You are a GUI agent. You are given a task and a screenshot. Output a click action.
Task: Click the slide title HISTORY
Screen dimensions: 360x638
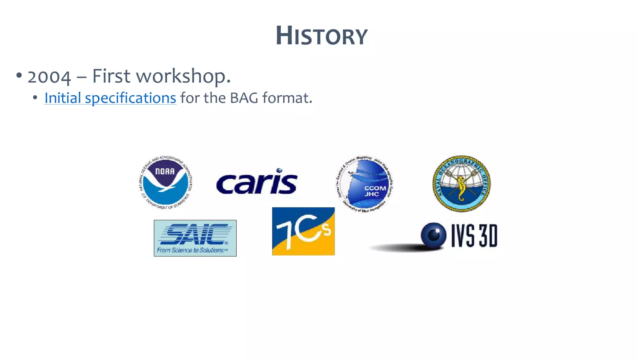click(x=321, y=36)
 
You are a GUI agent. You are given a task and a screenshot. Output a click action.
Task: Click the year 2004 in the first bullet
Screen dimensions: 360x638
click(x=49, y=77)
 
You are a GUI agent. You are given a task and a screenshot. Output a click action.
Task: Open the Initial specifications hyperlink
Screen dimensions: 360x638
click(x=110, y=98)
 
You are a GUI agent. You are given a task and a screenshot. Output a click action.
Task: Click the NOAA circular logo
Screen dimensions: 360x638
click(x=165, y=182)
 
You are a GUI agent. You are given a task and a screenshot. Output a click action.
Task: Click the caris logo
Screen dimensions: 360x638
click(x=257, y=183)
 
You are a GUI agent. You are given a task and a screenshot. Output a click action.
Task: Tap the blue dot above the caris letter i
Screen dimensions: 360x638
click(x=279, y=170)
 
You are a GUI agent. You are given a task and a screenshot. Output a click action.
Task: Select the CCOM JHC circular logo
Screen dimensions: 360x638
click(x=364, y=184)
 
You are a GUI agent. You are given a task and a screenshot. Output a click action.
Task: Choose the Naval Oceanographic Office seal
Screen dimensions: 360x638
click(x=461, y=184)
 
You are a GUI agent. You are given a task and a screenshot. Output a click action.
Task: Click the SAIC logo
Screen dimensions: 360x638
click(x=195, y=238)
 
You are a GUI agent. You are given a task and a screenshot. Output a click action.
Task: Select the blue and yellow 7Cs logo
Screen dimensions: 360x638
click(x=303, y=231)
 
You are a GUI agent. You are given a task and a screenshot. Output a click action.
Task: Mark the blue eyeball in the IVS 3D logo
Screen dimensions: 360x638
click(x=433, y=235)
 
